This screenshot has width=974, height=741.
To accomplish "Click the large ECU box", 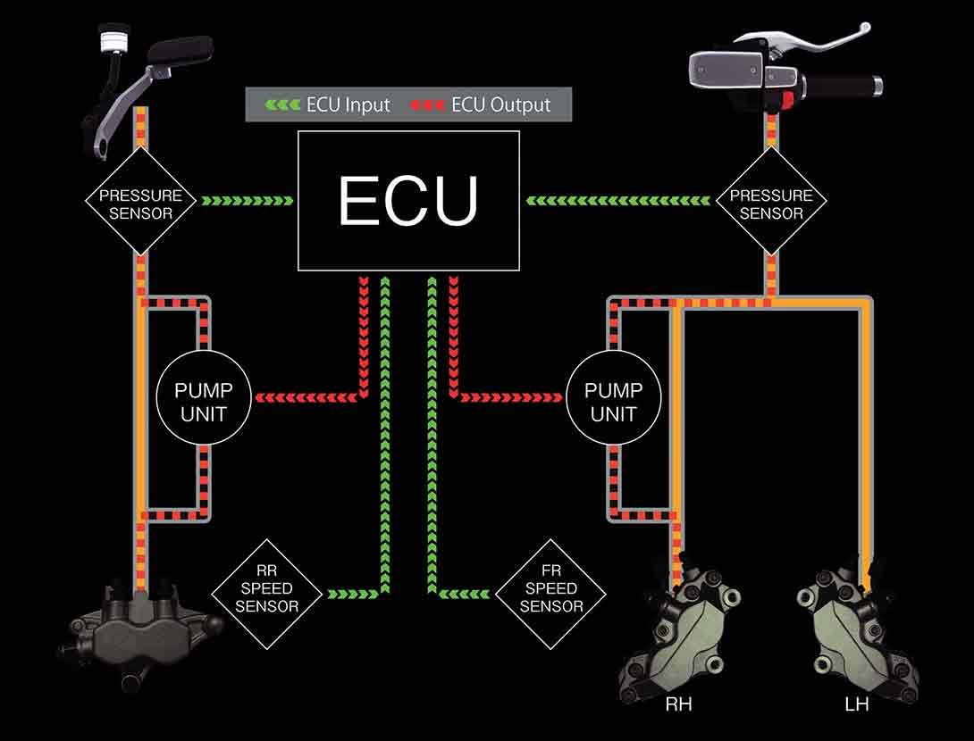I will pyautogui.click(x=408, y=200).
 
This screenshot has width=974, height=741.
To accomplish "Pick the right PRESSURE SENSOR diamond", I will pyautogui.click(x=771, y=204).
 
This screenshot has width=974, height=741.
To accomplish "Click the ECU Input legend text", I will pyautogui.click(x=348, y=104).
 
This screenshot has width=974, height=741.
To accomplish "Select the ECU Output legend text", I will pyautogui.click(x=500, y=104).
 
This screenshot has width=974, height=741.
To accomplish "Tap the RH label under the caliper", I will pyautogui.click(x=678, y=705).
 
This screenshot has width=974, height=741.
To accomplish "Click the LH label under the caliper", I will pyautogui.click(x=855, y=705).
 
